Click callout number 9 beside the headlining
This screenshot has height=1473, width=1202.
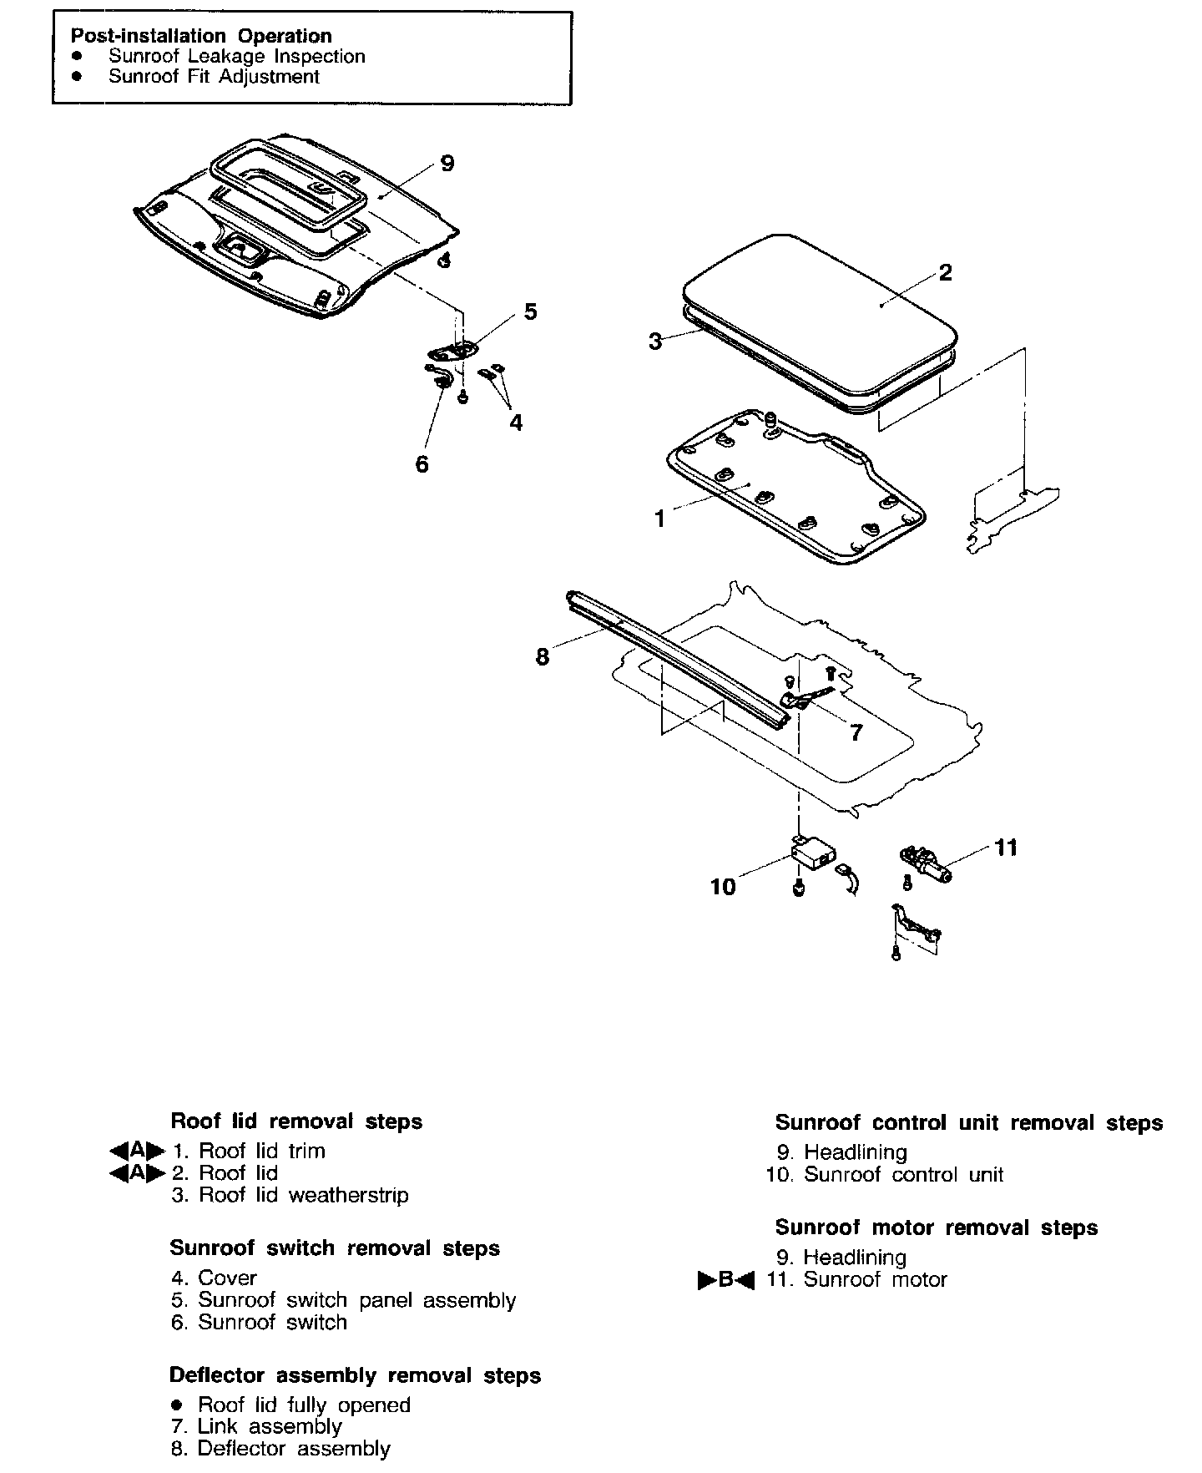click(447, 164)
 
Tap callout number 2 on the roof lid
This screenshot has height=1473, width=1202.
click(945, 273)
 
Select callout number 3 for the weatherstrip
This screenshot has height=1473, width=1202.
click(656, 342)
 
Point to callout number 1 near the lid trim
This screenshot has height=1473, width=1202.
click(659, 519)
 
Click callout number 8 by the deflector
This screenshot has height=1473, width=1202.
click(543, 657)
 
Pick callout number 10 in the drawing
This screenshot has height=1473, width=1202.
click(723, 887)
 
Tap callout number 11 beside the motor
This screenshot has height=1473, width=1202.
click(1007, 848)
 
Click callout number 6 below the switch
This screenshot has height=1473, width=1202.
click(422, 464)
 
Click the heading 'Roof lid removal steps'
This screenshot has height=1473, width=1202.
click(296, 1121)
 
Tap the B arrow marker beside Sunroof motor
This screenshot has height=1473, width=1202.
click(725, 1280)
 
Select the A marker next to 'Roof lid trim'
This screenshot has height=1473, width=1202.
click(137, 1151)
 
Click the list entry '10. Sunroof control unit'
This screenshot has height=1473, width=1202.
click(885, 1175)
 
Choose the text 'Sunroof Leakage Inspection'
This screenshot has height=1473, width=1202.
click(236, 57)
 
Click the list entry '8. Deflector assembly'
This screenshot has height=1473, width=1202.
click(280, 1449)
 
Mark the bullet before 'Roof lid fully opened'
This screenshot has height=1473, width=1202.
click(175, 1405)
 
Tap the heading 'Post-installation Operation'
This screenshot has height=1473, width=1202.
click(201, 36)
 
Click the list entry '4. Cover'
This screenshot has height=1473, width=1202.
click(214, 1278)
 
